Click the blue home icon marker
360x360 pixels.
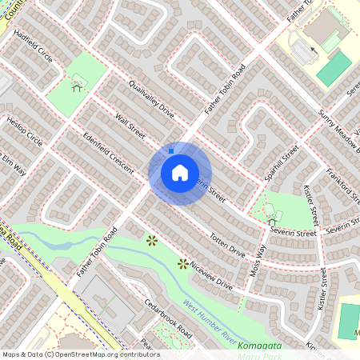[180, 173]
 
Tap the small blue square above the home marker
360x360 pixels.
[171, 150]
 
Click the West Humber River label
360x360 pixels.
[211, 319]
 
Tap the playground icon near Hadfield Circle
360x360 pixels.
[78, 82]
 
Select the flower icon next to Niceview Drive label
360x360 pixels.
[182, 263]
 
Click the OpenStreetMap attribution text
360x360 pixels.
[80, 354]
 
